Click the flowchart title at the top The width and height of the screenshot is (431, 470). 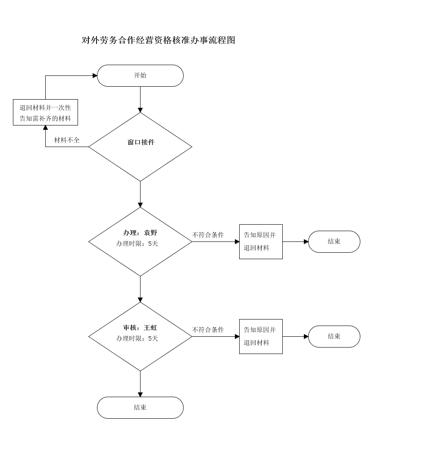coord(158,41)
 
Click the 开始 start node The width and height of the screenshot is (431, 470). coord(140,75)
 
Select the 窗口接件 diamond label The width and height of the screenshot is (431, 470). coord(141,142)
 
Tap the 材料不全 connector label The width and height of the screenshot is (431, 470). coord(67,140)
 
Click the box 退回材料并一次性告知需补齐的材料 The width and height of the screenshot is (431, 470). coord(45,113)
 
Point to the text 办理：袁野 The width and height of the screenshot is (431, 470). coord(140,233)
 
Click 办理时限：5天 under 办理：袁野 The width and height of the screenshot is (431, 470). coord(137,244)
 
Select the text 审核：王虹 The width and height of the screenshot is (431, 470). coord(140,328)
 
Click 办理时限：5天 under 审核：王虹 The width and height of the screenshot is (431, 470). coord(137,338)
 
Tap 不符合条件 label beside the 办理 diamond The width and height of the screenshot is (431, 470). coord(208,235)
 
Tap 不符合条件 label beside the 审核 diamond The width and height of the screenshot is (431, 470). coord(208,330)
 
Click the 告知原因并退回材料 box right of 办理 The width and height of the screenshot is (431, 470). coord(261,241)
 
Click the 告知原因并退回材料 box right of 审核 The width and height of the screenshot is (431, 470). coord(261,336)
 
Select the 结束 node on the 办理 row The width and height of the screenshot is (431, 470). coord(334,241)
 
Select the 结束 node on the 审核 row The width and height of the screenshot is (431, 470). coord(334,336)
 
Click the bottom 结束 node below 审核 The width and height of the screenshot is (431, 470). coord(140,407)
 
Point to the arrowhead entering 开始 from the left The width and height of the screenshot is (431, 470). coord(95,75)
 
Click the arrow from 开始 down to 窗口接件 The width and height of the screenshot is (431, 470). coord(140,100)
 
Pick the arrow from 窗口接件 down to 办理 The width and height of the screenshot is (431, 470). coord(140,194)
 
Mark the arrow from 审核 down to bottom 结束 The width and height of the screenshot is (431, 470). coord(140,384)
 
